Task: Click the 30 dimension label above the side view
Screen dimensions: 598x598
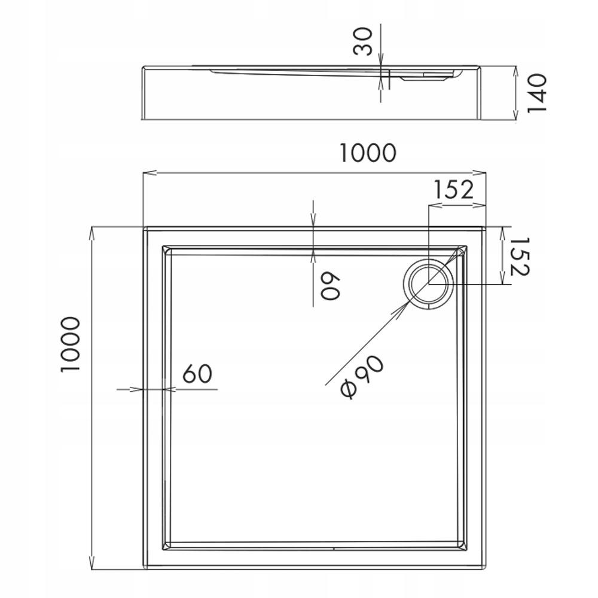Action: click(x=366, y=40)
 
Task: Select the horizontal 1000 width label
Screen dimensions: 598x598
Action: click(x=368, y=153)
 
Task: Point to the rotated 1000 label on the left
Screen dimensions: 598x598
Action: click(x=70, y=345)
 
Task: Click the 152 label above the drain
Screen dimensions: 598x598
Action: click(x=453, y=190)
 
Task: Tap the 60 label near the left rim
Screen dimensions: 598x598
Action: click(x=197, y=374)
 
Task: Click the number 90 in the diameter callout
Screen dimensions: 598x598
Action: click(x=371, y=367)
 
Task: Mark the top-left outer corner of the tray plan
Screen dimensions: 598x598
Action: click(x=144, y=227)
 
